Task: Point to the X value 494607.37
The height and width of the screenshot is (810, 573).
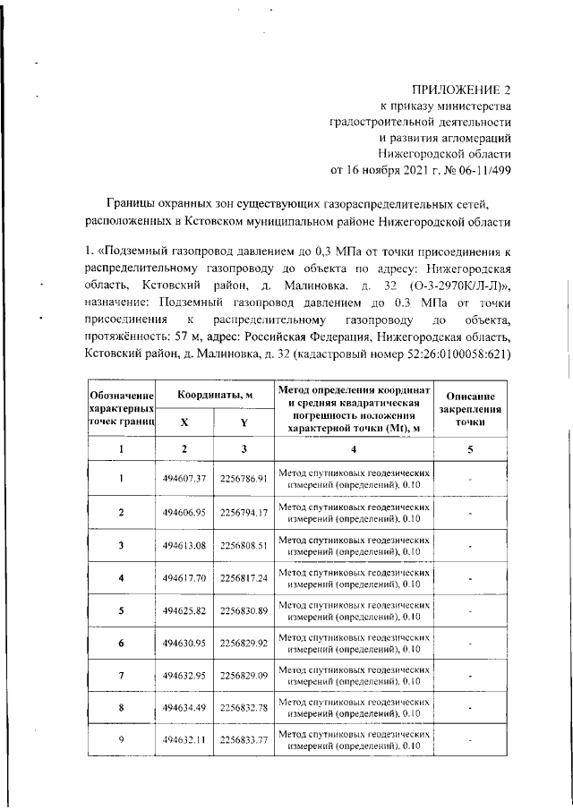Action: coord(184,479)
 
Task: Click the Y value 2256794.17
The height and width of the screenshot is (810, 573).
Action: coord(244,512)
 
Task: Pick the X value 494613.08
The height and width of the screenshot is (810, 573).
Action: coord(184,544)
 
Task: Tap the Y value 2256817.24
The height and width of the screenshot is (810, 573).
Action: coord(244,578)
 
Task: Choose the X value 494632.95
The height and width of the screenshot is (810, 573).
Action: coord(184,677)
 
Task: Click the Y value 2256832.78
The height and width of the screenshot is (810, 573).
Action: coord(244,710)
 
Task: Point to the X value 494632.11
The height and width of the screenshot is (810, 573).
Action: coord(184,742)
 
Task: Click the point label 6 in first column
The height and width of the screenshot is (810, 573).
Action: coord(121,644)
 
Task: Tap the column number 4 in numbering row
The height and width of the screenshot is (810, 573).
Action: coord(354,448)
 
